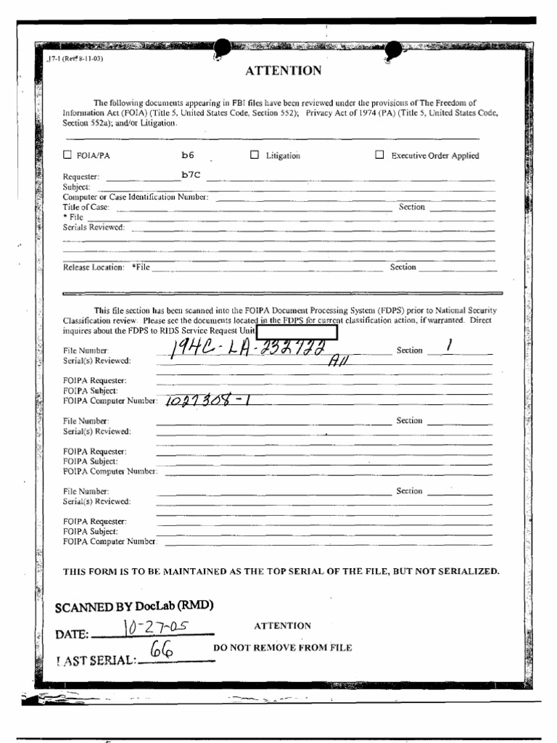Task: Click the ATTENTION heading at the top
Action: (x=283, y=70)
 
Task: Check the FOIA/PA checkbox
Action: (x=68, y=155)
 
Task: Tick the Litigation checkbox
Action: (x=255, y=155)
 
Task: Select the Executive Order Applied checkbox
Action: (x=379, y=155)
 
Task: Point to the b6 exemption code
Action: (x=187, y=155)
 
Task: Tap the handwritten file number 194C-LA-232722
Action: (x=246, y=350)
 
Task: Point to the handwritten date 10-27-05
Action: (x=153, y=627)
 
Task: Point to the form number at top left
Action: (x=70, y=59)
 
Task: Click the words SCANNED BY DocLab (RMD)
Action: (x=134, y=607)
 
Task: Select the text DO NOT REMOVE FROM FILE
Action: (x=282, y=647)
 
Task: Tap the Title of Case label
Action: (x=86, y=208)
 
